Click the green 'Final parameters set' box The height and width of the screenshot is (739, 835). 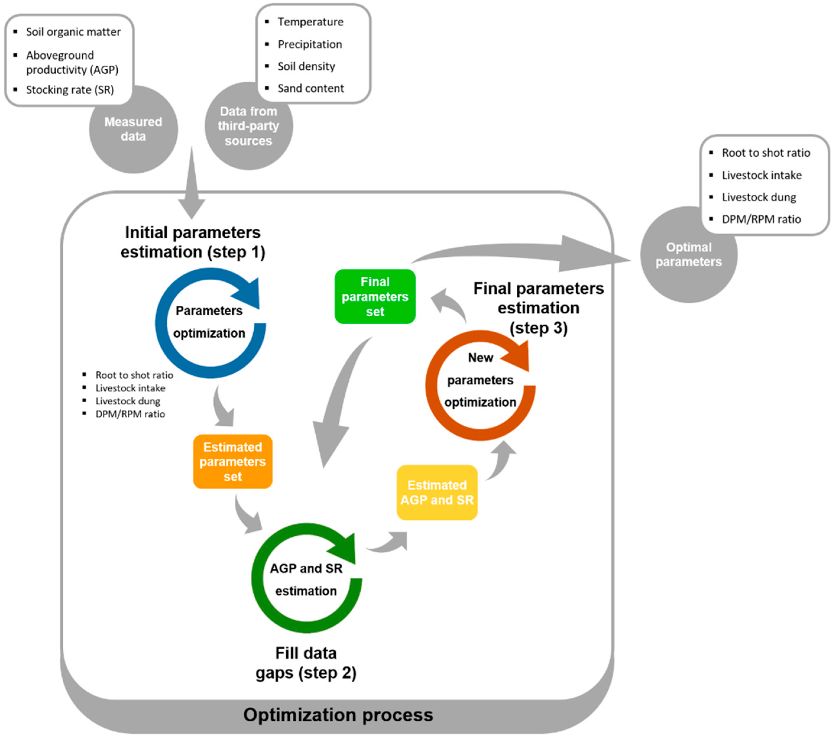(374, 296)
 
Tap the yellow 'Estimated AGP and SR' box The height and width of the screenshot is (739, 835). (437, 492)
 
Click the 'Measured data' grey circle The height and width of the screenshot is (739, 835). (133, 129)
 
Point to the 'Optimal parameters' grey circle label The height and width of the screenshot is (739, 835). (688, 254)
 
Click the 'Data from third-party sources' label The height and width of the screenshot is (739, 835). (248, 126)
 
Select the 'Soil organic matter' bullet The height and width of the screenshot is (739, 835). (73, 32)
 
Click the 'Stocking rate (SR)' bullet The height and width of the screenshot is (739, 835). (70, 90)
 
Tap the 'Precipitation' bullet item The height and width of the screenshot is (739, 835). (310, 44)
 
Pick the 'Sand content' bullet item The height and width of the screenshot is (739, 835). (310, 88)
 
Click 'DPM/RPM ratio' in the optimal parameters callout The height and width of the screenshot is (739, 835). (761, 219)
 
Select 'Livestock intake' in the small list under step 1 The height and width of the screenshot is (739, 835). (130, 388)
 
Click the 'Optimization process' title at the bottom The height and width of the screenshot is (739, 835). (338, 715)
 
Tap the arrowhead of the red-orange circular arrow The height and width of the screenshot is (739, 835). (518, 356)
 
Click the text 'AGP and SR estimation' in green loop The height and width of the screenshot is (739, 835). (306, 579)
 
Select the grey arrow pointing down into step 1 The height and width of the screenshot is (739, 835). (192, 192)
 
